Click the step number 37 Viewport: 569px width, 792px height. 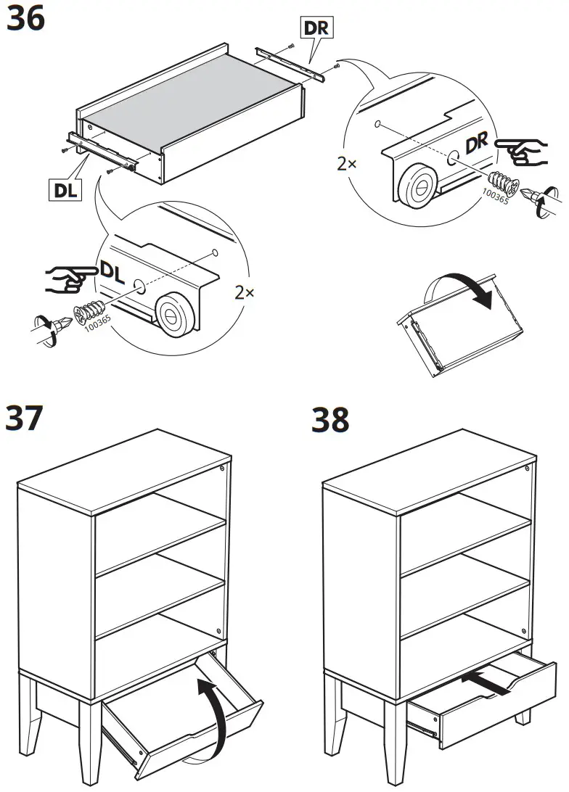pos(24,418)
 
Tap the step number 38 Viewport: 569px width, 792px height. pos(330,420)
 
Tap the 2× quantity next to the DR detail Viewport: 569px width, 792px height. pos(347,164)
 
